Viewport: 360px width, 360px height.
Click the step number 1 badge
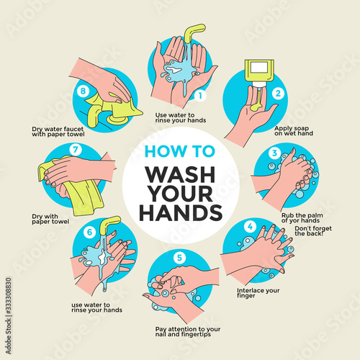[200, 96]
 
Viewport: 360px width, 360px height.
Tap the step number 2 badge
[278, 93]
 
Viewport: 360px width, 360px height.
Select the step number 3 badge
[274, 153]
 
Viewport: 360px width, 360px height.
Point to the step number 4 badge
[250, 227]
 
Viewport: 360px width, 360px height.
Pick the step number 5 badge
[179, 258]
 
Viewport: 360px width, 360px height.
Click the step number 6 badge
[89, 232]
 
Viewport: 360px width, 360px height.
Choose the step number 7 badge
[76, 150]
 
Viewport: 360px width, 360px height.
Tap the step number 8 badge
[83, 91]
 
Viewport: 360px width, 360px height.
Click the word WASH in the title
[180, 175]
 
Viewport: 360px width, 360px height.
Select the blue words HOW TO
[180, 151]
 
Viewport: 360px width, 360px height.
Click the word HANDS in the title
[181, 212]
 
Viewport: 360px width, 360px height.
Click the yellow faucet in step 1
[194, 32]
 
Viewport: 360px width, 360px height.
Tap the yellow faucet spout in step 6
[109, 225]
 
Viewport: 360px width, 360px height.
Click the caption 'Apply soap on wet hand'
[294, 131]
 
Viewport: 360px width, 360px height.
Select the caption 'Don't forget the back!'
[313, 231]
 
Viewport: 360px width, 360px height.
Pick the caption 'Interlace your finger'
[258, 293]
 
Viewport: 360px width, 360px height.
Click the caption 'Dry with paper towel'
[50, 219]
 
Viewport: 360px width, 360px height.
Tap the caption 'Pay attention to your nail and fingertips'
[188, 332]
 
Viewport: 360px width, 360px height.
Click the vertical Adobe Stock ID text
[9, 316]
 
